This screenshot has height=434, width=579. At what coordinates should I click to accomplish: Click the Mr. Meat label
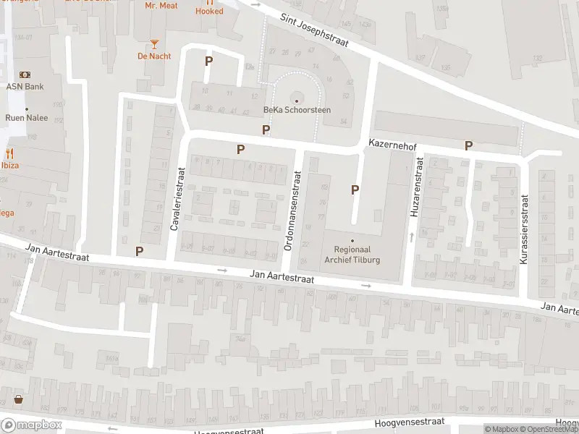161,6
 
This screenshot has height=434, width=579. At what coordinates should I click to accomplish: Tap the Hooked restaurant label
209,10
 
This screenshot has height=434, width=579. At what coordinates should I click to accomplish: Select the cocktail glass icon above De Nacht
153,44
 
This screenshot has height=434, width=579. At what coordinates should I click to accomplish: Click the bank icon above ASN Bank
25,75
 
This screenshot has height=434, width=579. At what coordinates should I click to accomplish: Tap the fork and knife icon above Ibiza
10,153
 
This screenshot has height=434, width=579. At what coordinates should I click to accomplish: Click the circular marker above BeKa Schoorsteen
296,100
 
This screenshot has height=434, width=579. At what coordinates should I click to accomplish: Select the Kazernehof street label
392,145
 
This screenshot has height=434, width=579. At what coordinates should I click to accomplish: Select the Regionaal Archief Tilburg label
352,255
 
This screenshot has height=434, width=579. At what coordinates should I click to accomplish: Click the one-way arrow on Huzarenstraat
411,236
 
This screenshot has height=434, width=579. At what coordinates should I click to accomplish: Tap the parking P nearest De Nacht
208,61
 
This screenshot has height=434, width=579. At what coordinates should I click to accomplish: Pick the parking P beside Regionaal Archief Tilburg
355,190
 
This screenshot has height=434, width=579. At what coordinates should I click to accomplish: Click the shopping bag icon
17,399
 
